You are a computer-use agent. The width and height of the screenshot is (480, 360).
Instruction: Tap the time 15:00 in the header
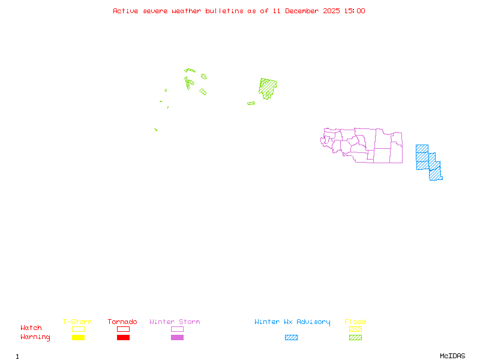pos(355,11)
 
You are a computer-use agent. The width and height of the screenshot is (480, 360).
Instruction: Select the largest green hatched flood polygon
pos(268,88)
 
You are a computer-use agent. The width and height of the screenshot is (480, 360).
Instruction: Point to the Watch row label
pos(31,328)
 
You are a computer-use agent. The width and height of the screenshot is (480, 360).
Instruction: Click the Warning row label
pos(35,337)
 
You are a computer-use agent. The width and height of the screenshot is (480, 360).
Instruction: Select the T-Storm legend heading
pos(77,322)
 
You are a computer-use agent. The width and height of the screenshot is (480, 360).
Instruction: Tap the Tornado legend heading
pos(122,322)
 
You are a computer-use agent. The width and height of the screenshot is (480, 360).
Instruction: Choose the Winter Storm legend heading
pos(175,322)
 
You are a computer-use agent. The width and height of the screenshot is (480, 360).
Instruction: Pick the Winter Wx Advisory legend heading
pos(292,322)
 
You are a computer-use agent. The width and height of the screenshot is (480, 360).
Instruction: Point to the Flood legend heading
pos(355,322)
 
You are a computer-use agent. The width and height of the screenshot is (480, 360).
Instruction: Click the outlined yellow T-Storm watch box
pos(78,329)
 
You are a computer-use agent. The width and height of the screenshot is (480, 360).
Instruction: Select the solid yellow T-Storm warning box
pos(78,338)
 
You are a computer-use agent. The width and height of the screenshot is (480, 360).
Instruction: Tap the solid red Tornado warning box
pos(123,338)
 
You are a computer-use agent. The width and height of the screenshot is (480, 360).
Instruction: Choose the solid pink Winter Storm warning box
pos(177,338)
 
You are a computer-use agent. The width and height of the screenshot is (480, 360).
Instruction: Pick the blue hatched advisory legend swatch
pos(291,338)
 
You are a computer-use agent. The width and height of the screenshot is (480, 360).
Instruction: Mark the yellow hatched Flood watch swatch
pos(355,329)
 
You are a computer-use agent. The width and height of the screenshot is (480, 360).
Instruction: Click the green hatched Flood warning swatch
pos(355,338)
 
